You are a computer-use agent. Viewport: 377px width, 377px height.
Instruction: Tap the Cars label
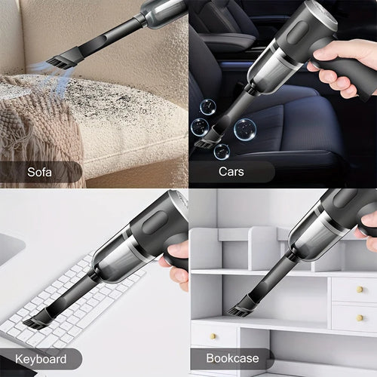click(x=231, y=172)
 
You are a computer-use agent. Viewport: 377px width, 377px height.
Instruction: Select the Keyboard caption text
click(x=39, y=360)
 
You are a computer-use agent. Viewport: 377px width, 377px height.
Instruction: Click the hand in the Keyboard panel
click(x=178, y=264)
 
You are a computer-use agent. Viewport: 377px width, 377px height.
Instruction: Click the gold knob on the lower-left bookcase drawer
click(x=213, y=336)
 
